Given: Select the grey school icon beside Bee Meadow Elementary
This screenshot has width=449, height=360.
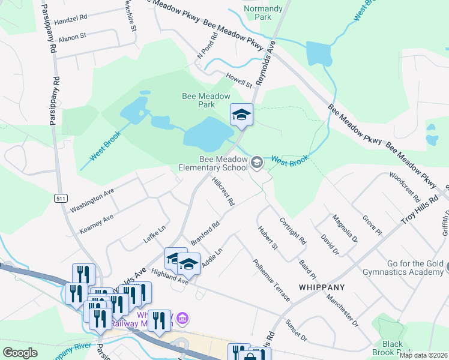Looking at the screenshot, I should [x=256, y=162].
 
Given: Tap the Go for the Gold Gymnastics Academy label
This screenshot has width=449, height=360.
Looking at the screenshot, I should [x=406, y=268].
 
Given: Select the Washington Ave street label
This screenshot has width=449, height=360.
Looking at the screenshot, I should [x=91, y=199].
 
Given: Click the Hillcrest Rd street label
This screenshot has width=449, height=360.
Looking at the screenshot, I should [x=223, y=192].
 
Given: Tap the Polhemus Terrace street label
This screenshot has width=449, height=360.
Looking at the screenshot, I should [x=271, y=280].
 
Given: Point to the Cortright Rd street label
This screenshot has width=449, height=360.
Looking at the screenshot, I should [x=293, y=230].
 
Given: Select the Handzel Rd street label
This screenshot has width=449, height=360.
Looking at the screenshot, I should [x=70, y=20].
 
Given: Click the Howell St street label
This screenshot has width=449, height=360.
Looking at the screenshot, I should [x=239, y=80].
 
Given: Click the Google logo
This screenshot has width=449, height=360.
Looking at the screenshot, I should [x=20, y=353].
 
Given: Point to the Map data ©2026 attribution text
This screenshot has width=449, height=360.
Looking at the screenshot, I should [x=423, y=355].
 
